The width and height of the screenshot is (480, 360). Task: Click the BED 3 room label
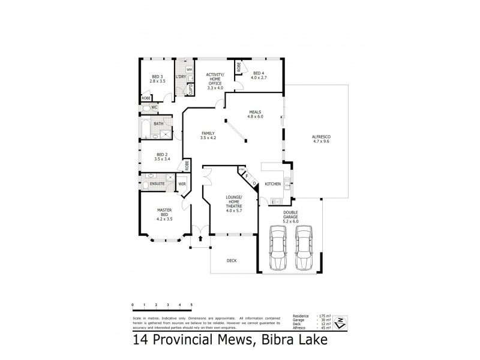point(157,78)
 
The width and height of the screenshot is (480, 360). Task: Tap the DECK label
point(232,260)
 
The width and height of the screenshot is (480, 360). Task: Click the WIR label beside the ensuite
point(181,184)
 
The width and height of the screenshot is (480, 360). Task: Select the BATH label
point(158,124)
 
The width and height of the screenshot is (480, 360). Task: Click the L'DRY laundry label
point(179,77)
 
